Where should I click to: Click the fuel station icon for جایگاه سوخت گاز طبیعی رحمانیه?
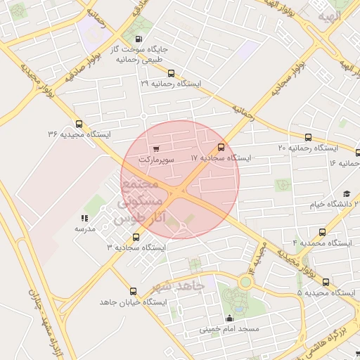[138, 39]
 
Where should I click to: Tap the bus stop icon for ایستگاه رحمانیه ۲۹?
[171, 72]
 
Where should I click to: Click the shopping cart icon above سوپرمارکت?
[155, 148]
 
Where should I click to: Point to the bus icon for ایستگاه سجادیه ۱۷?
[221, 147]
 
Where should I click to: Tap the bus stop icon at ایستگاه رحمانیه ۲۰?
[308, 137]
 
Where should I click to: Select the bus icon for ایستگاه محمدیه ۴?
[322, 231]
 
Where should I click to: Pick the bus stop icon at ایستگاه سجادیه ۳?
[136, 237]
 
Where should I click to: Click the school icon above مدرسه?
[85, 218]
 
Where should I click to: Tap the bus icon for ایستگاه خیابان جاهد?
[133, 290]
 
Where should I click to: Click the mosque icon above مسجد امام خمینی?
[229, 318]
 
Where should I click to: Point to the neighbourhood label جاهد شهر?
[179, 286]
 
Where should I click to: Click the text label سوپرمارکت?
[155, 160]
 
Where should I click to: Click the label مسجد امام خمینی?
[229, 328]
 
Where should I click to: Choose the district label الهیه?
[328, 15]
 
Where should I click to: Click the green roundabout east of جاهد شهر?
[245, 282]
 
